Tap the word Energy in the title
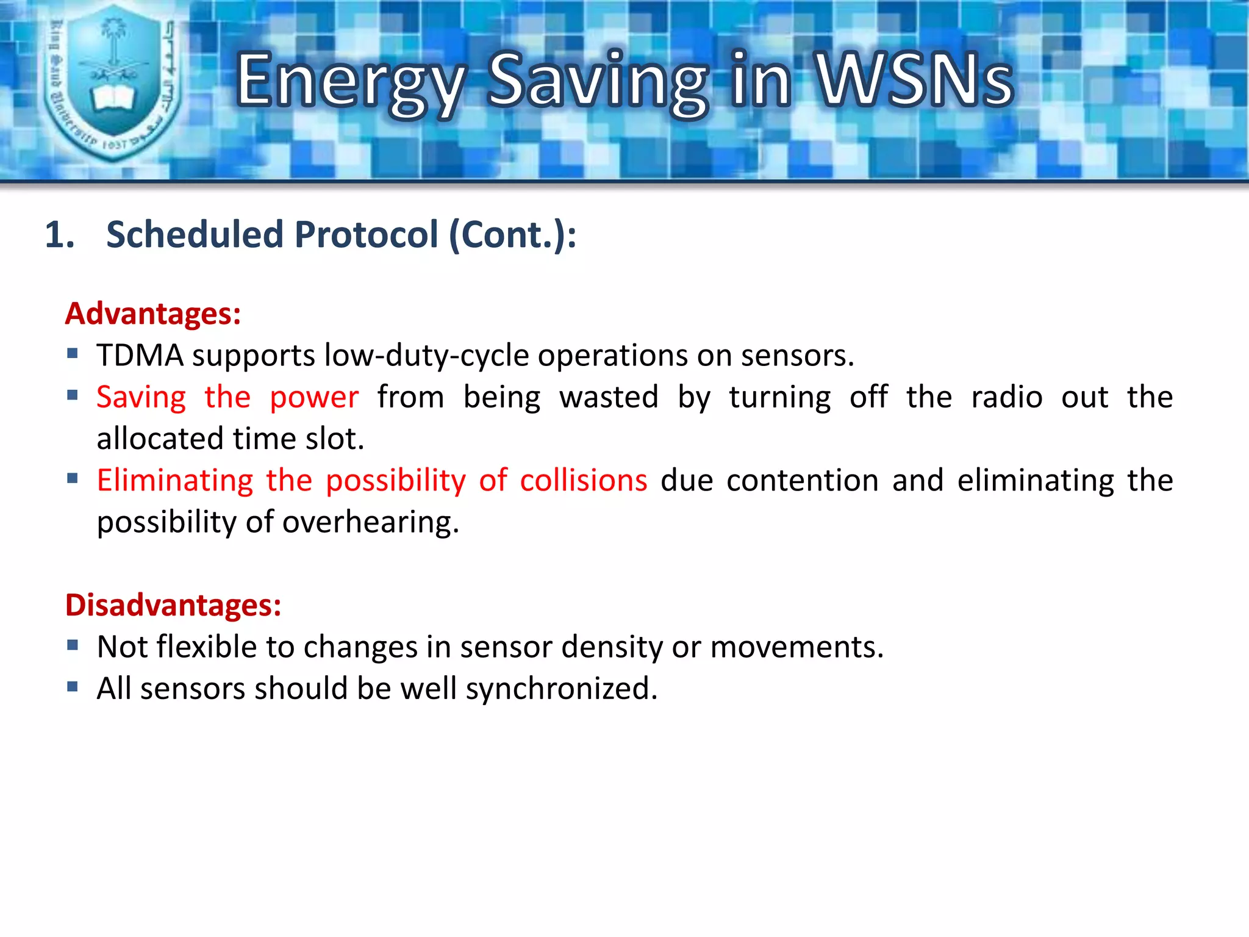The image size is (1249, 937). click(x=351, y=82)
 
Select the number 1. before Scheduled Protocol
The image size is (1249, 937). click(x=60, y=235)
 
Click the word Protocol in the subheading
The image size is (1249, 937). click(x=367, y=234)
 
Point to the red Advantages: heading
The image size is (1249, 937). click(x=153, y=314)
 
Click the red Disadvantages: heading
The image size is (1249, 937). click(x=173, y=605)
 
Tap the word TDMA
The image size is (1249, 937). click(x=140, y=356)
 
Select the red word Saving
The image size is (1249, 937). click(x=141, y=398)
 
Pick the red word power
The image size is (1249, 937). click(x=314, y=398)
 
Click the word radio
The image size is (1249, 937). click(x=1007, y=397)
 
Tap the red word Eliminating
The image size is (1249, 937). click(x=175, y=481)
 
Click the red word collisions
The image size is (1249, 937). click(x=583, y=481)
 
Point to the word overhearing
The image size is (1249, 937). click(x=370, y=523)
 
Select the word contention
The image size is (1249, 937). click(x=803, y=481)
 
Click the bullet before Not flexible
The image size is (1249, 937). click(x=73, y=645)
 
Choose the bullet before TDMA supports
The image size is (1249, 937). click(x=73, y=353)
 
